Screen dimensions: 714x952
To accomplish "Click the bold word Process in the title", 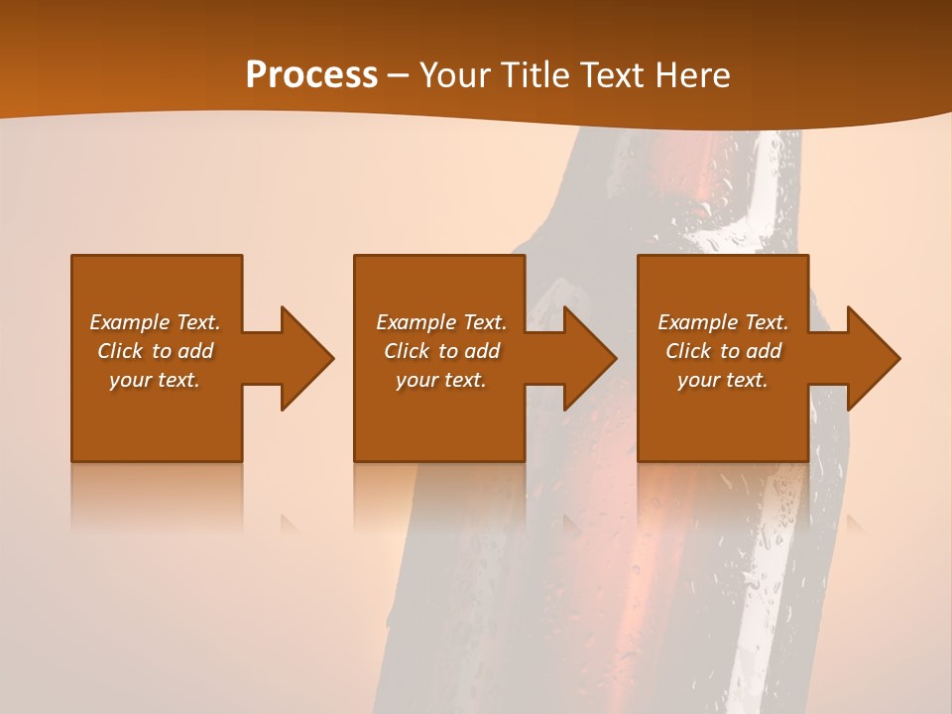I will click(x=311, y=75).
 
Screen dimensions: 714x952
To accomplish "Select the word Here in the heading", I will click(x=693, y=75).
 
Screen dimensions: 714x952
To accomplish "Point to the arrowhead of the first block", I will click(x=302, y=358).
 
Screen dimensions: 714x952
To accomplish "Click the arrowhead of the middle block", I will click(x=586, y=358).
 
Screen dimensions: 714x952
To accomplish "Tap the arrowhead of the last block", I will click(x=870, y=358).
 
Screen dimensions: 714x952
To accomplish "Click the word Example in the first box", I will click(x=130, y=322).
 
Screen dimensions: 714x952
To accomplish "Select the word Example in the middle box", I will click(x=416, y=322).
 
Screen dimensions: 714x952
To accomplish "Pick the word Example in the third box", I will click(x=698, y=322).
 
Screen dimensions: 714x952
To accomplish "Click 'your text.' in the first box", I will click(x=155, y=380).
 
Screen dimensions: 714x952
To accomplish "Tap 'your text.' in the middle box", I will click(x=441, y=380).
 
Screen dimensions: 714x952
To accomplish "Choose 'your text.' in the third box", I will click(x=723, y=380).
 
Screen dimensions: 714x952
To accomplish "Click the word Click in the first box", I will click(x=119, y=351).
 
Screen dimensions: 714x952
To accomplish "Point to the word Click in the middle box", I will click(x=406, y=351).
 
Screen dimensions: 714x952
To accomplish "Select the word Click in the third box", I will click(x=687, y=351).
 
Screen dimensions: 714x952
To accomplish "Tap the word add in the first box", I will click(x=195, y=351).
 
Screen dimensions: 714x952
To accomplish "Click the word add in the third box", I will click(x=764, y=351).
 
